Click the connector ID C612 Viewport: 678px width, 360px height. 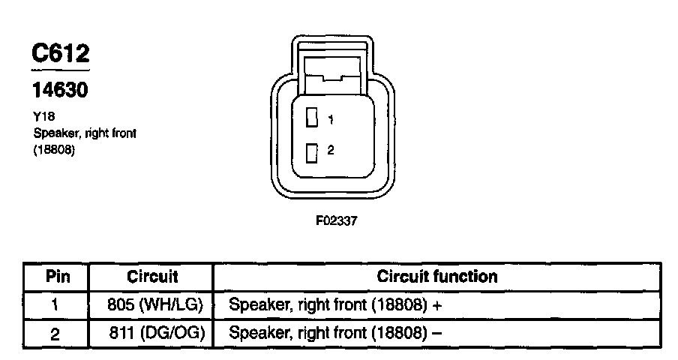(x=60, y=53)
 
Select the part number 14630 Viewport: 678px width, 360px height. (x=60, y=91)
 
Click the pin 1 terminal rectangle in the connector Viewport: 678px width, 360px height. (x=312, y=118)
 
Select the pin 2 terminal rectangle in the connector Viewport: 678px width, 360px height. (x=312, y=151)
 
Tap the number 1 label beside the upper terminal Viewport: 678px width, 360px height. (x=331, y=118)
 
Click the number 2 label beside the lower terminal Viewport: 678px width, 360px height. (x=331, y=150)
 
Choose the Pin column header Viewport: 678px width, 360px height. (x=58, y=276)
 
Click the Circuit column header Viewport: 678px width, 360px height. (x=152, y=276)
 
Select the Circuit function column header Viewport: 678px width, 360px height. (x=436, y=276)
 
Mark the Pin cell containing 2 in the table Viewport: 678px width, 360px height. (x=55, y=334)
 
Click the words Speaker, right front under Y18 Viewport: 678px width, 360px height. (x=84, y=133)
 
